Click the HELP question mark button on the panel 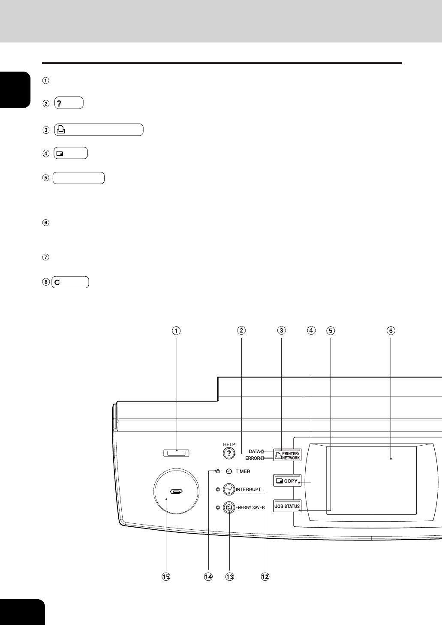229,453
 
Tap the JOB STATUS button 287,506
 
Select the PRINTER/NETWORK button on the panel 287,455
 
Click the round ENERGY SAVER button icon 229,507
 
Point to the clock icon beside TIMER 229,471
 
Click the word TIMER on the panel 243,471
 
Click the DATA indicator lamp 262,451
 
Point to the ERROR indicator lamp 262,458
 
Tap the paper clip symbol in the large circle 176,491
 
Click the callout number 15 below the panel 166,577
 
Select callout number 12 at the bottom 265,577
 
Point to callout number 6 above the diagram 391,331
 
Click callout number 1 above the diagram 176,331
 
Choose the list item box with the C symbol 70,282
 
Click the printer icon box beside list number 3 99,130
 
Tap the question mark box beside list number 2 69,103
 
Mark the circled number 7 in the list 45,257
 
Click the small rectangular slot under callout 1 176,453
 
